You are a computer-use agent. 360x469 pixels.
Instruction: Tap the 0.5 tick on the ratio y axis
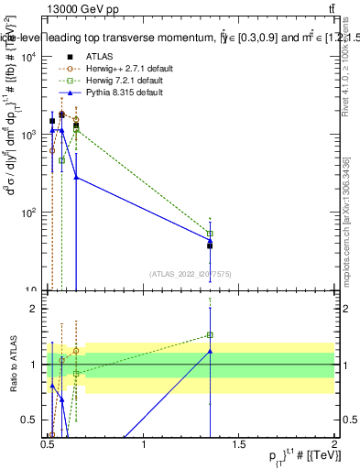(35, 420)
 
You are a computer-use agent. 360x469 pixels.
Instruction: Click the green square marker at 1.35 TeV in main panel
(210, 234)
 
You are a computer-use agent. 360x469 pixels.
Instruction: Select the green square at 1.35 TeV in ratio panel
(210, 335)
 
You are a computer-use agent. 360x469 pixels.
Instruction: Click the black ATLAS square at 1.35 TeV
(210, 245)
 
